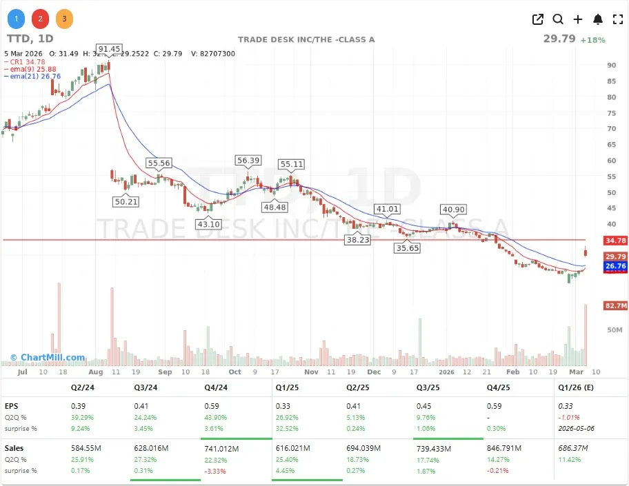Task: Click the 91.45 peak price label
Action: click(109, 49)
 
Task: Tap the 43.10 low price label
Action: click(208, 224)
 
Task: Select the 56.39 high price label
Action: click(248, 160)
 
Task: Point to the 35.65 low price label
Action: click(407, 248)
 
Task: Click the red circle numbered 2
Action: click(41, 19)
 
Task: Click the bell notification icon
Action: click(598, 19)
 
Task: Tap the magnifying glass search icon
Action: click(557, 19)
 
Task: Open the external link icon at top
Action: click(538, 19)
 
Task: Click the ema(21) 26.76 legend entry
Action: click(32, 77)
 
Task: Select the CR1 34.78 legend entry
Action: click(28, 62)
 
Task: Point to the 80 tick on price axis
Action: click(611, 97)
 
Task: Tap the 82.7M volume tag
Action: click(615, 305)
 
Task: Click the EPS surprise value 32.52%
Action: click(288, 428)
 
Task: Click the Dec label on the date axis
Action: click(375, 372)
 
